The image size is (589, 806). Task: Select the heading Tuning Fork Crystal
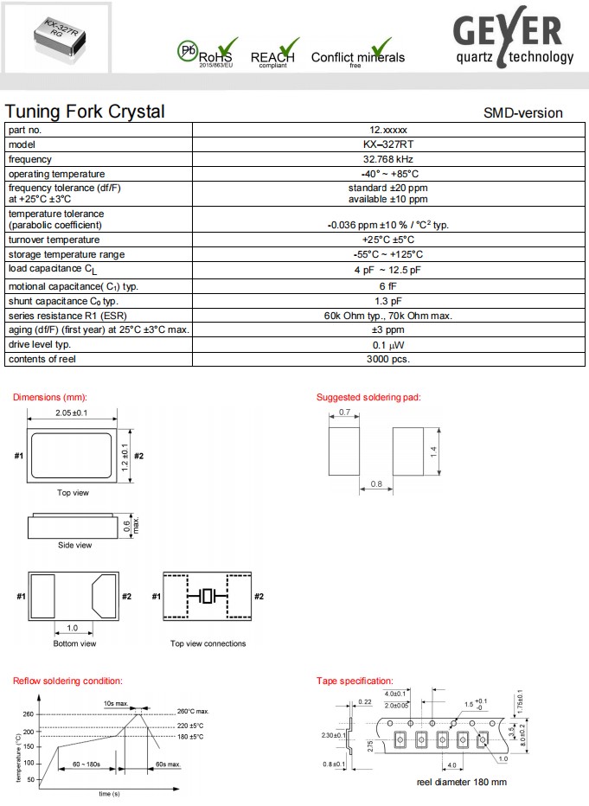coord(85,112)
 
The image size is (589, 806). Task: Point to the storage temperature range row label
coord(67,254)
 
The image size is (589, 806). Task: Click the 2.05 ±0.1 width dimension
coord(74,413)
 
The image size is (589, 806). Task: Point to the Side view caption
coord(74,545)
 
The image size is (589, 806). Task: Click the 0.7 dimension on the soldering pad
coord(344,413)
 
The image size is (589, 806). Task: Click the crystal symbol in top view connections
coord(208,596)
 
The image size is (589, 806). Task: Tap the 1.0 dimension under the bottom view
coord(73,628)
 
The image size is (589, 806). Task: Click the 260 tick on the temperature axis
coord(28,713)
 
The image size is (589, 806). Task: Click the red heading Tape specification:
coord(355,681)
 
